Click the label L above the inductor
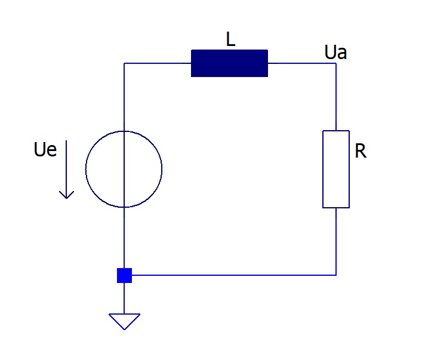(x=230, y=39)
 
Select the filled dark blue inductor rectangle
(x=229, y=63)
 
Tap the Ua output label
(x=335, y=52)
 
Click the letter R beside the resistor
(x=361, y=151)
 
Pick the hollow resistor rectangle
(x=323, y=169)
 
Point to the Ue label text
(x=45, y=149)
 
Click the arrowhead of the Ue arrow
(x=66, y=198)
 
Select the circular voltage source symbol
(x=85, y=169)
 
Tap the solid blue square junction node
(x=124, y=275)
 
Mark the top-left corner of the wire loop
(x=124, y=63)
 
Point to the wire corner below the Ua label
(x=336, y=63)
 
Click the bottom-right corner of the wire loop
(x=336, y=275)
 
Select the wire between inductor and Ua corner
(x=302, y=63)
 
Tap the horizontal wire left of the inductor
(x=158, y=63)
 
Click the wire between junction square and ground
(x=124, y=299)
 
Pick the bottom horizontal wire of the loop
(x=234, y=275)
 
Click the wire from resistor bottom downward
(x=336, y=242)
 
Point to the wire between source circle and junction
(x=124, y=238)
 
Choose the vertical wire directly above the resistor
(x=336, y=97)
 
